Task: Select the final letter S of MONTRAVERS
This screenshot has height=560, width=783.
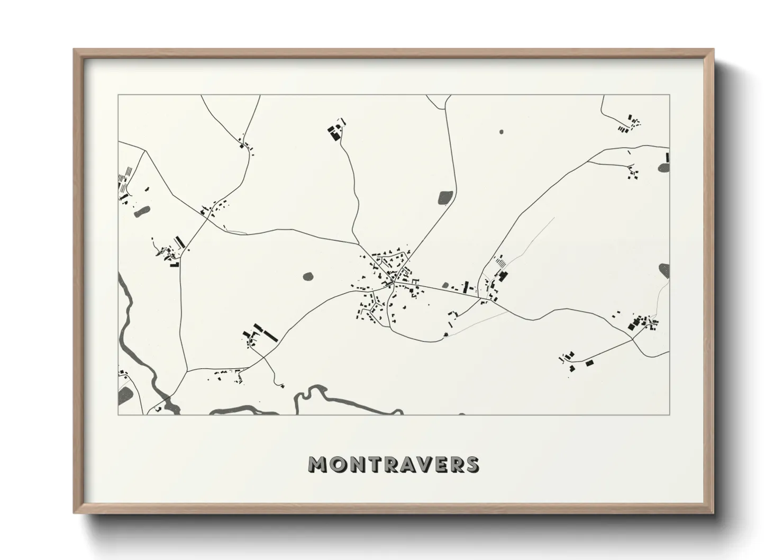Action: coord(471,464)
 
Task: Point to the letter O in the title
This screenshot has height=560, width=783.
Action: coord(339,464)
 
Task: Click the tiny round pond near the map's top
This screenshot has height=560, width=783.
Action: coord(501,131)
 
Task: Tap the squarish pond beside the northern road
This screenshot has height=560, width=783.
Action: coord(445,197)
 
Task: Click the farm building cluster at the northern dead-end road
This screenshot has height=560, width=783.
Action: coord(334,132)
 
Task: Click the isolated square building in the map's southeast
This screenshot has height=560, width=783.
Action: coord(589,363)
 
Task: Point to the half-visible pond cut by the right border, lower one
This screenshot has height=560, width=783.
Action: coord(664,270)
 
